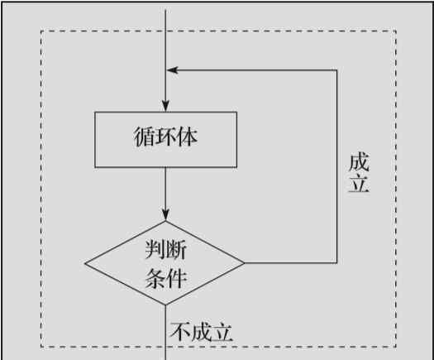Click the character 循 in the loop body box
145,137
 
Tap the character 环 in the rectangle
166,137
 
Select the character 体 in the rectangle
188,137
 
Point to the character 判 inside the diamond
155,249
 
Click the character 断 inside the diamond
176,249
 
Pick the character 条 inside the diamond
155,278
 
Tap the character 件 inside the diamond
176,278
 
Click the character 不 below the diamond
180,332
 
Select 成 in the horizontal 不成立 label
201,332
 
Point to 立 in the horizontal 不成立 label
222,332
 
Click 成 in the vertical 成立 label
359,162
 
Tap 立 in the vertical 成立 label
359,183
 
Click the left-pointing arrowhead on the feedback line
172,70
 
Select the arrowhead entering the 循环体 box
165,106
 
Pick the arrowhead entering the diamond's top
165,215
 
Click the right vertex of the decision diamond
245,263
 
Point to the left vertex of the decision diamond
85,263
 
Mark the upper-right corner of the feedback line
336,70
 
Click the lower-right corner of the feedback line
336,262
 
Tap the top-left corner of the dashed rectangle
41,31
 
